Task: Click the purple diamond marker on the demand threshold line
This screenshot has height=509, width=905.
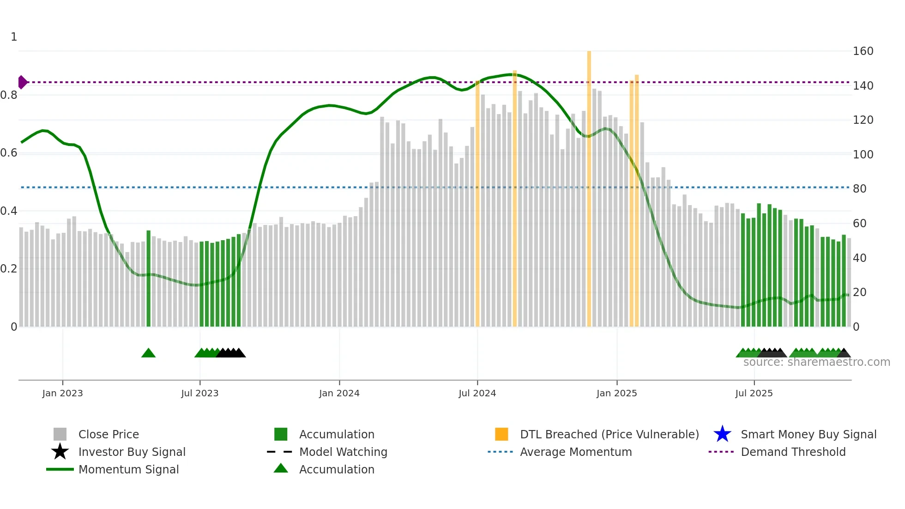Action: (22, 82)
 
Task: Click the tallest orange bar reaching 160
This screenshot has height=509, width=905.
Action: (589, 185)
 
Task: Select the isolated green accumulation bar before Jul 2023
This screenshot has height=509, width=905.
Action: (148, 277)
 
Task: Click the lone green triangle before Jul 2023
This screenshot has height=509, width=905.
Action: (148, 353)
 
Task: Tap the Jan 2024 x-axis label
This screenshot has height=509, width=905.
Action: (339, 394)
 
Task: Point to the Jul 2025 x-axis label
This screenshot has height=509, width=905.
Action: (754, 394)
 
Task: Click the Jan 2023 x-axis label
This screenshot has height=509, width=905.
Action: (62, 394)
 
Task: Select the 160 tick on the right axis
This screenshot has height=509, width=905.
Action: (863, 51)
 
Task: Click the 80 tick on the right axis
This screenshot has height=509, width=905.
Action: (860, 189)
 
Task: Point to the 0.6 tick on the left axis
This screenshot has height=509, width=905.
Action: (9, 153)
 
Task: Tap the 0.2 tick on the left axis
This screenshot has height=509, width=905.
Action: (9, 269)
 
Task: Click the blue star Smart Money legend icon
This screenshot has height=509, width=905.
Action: (722, 434)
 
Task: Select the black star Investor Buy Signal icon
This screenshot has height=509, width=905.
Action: (60, 452)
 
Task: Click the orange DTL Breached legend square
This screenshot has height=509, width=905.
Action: (501, 434)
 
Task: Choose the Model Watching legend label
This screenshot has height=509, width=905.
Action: (343, 452)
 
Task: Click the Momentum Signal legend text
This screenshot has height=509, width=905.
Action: (128, 469)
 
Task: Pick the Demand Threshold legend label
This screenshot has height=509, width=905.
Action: (793, 452)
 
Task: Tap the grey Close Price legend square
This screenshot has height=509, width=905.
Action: (60, 434)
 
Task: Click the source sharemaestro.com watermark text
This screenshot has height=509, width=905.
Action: (816, 362)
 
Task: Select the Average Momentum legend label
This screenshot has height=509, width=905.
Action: (576, 452)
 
